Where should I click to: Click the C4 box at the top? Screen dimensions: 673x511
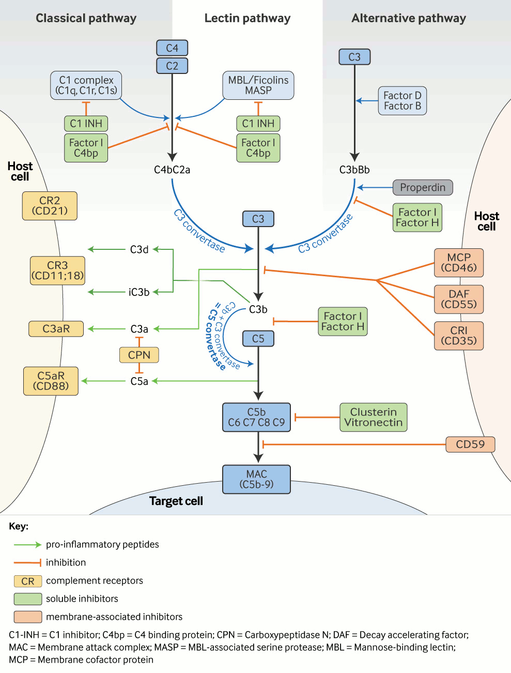(x=172, y=48)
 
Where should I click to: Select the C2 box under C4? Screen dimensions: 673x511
(x=172, y=66)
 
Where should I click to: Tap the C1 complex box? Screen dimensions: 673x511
(x=86, y=85)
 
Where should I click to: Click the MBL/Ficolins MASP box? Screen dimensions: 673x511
(x=258, y=85)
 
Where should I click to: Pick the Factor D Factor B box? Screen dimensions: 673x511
(x=402, y=101)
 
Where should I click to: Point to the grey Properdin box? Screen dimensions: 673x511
(x=423, y=187)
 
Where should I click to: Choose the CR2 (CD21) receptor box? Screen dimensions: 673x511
(x=50, y=206)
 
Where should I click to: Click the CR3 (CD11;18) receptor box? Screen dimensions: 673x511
(x=57, y=271)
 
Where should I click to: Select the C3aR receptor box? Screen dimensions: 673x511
(x=56, y=329)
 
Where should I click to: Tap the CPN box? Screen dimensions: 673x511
(x=139, y=355)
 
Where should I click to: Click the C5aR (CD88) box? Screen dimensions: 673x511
(x=51, y=381)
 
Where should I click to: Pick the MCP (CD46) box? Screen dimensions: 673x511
(x=459, y=263)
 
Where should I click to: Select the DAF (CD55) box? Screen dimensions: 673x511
(x=459, y=300)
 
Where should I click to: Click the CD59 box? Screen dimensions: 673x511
(x=470, y=444)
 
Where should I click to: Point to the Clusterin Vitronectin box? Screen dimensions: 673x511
(x=373, y=417)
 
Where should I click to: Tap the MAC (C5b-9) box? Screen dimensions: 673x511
(x=256, y=480)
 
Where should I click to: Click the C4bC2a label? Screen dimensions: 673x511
(x=172, y=170)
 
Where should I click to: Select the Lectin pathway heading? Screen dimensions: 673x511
(x=247, y=19)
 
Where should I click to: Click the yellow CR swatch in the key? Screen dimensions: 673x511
(x=28, y=581)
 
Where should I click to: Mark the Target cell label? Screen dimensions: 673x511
(x=176, y=501)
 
